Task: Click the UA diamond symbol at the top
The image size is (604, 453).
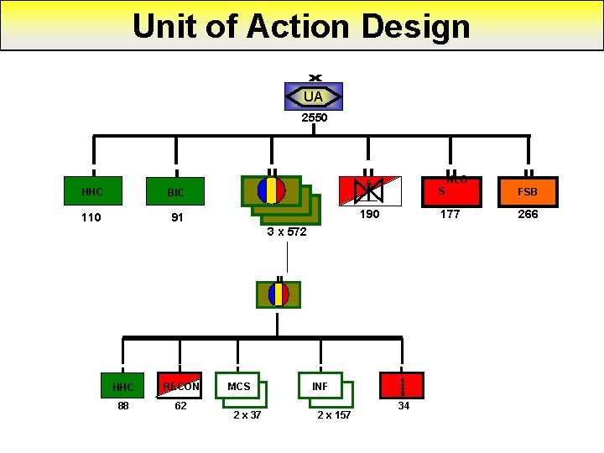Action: coord(314,97)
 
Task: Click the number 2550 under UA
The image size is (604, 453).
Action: coord(314,118)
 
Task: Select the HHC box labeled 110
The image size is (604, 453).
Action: coord(92,192)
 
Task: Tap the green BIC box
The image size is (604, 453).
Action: coord(175,192)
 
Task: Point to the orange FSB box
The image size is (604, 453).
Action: coord(527,191)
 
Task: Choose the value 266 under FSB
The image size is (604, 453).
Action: coord(528,215)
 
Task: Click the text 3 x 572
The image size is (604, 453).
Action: coord(287,232)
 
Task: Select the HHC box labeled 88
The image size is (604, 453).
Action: coord(122,387)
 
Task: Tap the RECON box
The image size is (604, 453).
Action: coord(180,386)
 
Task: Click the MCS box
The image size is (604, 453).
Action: coord(238,386)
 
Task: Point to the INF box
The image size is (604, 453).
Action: coord(320,386)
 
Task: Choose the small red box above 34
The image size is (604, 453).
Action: coord(404,385)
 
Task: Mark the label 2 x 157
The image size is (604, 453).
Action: coord(334,415)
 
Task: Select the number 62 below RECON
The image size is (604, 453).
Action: coord(180,406)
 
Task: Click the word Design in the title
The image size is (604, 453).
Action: coord(414,27)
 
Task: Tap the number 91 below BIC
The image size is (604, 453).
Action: coord(176,218)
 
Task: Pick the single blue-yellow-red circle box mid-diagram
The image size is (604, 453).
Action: coord(279,294)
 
